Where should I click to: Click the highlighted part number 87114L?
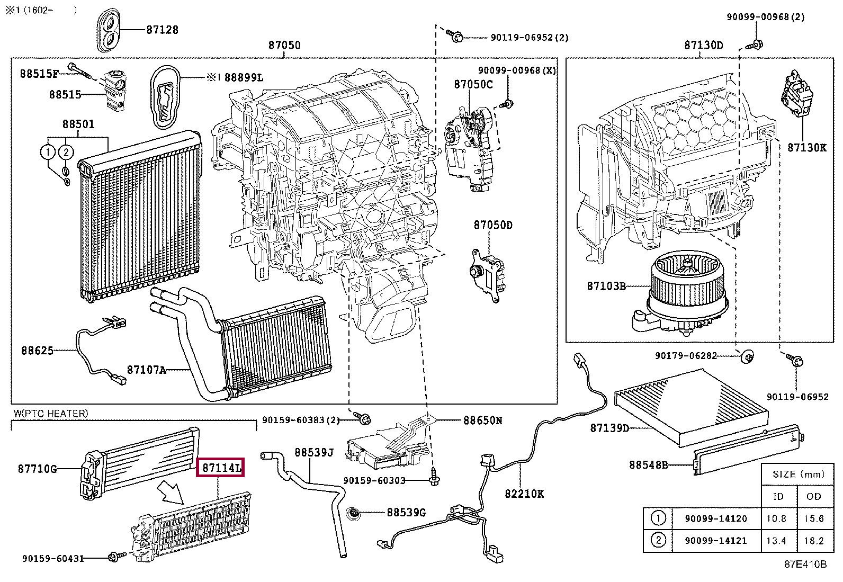(x=220, y=468)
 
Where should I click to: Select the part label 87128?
(x=162, y=30)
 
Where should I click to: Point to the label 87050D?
(x=492, y=225)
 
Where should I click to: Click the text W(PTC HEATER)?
(x=51, y=413)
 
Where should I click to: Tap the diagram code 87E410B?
(x=805, y=564)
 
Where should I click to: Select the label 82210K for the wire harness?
(x=524, y=494)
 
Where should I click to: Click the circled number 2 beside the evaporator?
(x=65, y=153)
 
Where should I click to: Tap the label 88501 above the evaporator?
(x=78, y=124)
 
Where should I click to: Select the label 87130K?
(x=806, y=148)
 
